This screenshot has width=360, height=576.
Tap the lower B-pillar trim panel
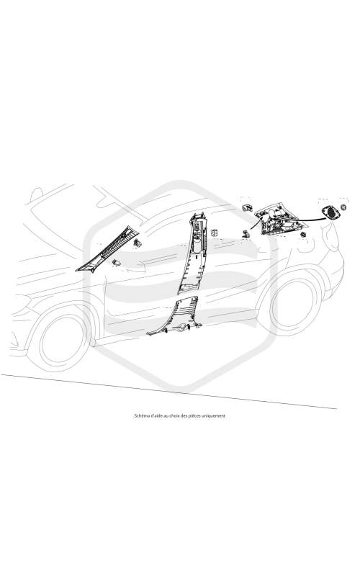tap(176, 317)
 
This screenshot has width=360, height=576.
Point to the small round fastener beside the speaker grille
tap(344, 207)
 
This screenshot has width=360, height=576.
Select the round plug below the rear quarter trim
tap(303, 235)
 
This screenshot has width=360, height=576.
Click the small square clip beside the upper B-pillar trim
tap(214, 232)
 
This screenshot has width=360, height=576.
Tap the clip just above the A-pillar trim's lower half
tap(138, 242)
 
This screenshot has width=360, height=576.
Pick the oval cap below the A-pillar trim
tap(116, 262)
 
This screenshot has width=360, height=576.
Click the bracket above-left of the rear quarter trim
tap(247, 207)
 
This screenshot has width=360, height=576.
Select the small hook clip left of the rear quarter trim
tap(245, 233)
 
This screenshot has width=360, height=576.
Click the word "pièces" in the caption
tap(194, 416)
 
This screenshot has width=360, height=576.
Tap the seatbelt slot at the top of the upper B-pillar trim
tap(198, 223)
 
